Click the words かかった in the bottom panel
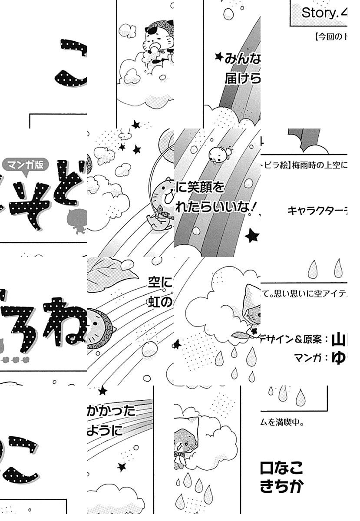(111, 410)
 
